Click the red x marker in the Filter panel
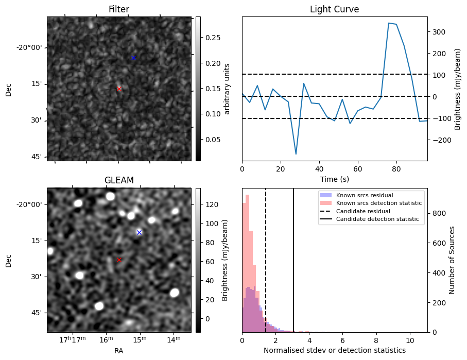(119, 89)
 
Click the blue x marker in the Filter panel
(133, 58)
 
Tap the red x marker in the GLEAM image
(119, 260)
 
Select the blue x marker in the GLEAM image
(139, 232)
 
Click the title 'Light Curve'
(334, 10)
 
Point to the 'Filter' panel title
(119, 10)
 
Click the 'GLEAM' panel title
(119, 180)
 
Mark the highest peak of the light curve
(389, 23)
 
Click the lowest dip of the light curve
(296, 154)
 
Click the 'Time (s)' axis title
(334, 178)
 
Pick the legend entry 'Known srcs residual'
(364, 195)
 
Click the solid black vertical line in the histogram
(293, 268)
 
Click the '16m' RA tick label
(106, 339)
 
